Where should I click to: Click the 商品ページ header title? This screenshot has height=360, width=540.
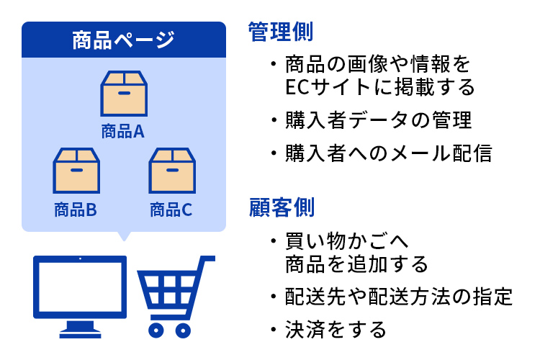(x=123, y=40)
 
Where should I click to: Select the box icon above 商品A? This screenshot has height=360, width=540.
(x=124, y=94)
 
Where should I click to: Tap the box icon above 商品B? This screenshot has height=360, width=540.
(x=76, y=171)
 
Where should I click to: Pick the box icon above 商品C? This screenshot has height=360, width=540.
(x=172, y=171)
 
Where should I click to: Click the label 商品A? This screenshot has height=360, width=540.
(x=123, y=131)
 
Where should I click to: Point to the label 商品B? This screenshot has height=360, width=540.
(x=76, y=210)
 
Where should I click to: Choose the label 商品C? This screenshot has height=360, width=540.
(x=171, y=210)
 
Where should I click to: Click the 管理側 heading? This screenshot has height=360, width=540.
(x=280, y=32)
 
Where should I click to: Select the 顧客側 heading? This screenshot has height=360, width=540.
(x=282, y=207)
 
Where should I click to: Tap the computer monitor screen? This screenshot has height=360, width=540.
(x=80, y=287)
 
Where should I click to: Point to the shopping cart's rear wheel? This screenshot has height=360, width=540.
(x=156, y=330)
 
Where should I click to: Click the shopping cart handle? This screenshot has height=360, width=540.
(x=207, y=258)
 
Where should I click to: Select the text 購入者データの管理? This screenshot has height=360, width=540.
(x=379, y=120)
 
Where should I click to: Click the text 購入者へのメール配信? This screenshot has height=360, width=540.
(x=389, y=153)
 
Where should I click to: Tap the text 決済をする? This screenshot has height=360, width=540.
(x=336, y=329)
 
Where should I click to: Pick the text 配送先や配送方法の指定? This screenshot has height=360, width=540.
(x=399, y=296)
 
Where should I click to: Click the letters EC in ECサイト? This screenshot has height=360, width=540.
(x=297, y=87)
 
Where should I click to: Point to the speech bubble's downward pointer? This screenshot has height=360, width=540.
(x=124, y=236)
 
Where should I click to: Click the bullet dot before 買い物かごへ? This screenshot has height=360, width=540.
(x=274, y=240)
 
